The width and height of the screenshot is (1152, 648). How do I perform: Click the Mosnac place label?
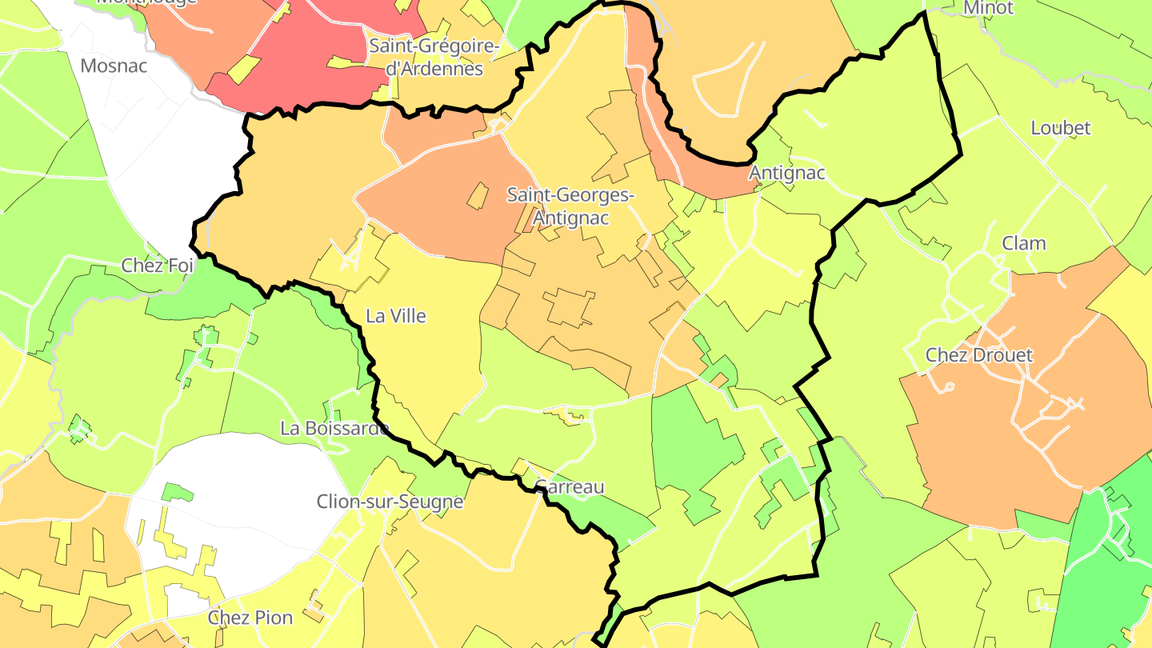[x=114, y=66]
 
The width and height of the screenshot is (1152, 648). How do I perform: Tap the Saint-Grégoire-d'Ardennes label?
[x=434, y=58]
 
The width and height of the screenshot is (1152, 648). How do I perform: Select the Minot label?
[x=988, y=8]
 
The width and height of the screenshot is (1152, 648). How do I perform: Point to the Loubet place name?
[x=1060, y=128]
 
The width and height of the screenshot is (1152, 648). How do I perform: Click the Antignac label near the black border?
[x=786, y=173]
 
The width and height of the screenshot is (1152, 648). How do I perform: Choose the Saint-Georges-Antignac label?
[x=571, y=206]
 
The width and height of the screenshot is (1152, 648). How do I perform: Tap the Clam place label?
[x=1024, y=243]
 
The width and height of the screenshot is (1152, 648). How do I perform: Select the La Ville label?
[x=395, y=316]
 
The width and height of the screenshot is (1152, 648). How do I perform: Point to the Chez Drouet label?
[x=979, y=354]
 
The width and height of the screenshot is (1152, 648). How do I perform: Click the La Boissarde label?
[x=334, y=428]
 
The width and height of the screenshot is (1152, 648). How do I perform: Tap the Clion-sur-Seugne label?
[x=390, y=502]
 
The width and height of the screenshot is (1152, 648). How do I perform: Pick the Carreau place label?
[x=570, y=486]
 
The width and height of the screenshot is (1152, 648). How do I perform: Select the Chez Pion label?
[x=250, y=618]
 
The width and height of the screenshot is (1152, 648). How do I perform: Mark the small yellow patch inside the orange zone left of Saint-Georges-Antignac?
[x=477, y=196]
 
